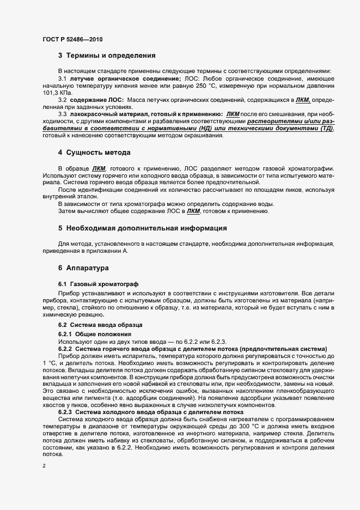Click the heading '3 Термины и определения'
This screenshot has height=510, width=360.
pyautogui.click(x=107, y=55)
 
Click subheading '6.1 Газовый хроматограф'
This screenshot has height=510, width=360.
pyautogui.click(x=98, y=284)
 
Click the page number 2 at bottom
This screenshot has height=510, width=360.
pyautogui.click(x=44, y=466)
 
